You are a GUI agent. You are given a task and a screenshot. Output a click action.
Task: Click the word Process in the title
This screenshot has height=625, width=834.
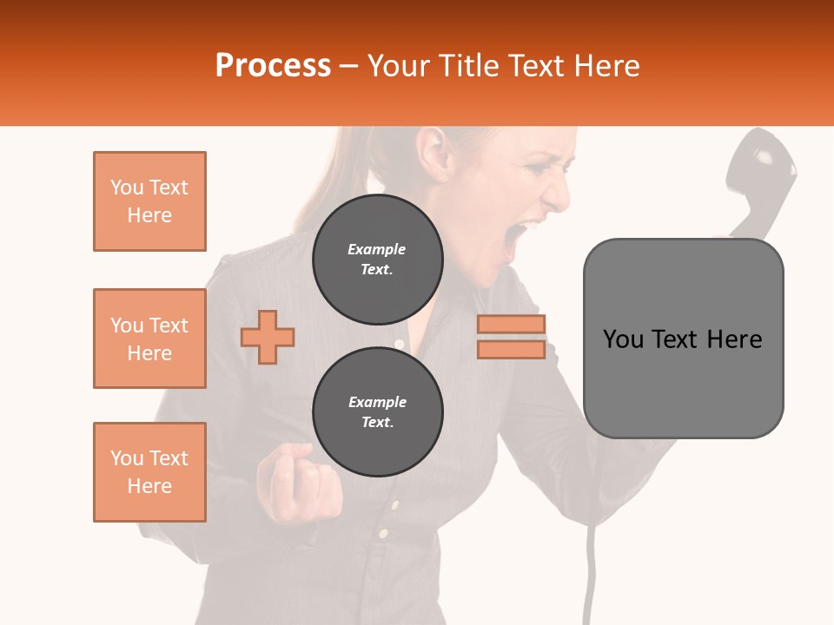273,66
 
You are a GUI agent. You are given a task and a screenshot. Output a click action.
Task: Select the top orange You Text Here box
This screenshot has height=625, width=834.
149,201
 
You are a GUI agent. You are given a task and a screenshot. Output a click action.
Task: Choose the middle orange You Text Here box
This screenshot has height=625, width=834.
149,339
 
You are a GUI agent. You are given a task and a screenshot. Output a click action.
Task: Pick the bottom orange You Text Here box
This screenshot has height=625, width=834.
149,472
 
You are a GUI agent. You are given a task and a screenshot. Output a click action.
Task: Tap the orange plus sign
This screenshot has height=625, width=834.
268,337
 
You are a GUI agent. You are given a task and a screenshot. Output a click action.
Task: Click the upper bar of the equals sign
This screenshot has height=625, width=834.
511,324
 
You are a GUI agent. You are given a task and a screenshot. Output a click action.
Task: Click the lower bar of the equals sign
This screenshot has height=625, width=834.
511,349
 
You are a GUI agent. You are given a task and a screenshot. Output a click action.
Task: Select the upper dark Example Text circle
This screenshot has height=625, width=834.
377,260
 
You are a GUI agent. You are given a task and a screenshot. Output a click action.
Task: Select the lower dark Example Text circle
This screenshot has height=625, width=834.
377,412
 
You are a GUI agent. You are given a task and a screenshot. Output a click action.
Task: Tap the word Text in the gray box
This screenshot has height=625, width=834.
681,339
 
